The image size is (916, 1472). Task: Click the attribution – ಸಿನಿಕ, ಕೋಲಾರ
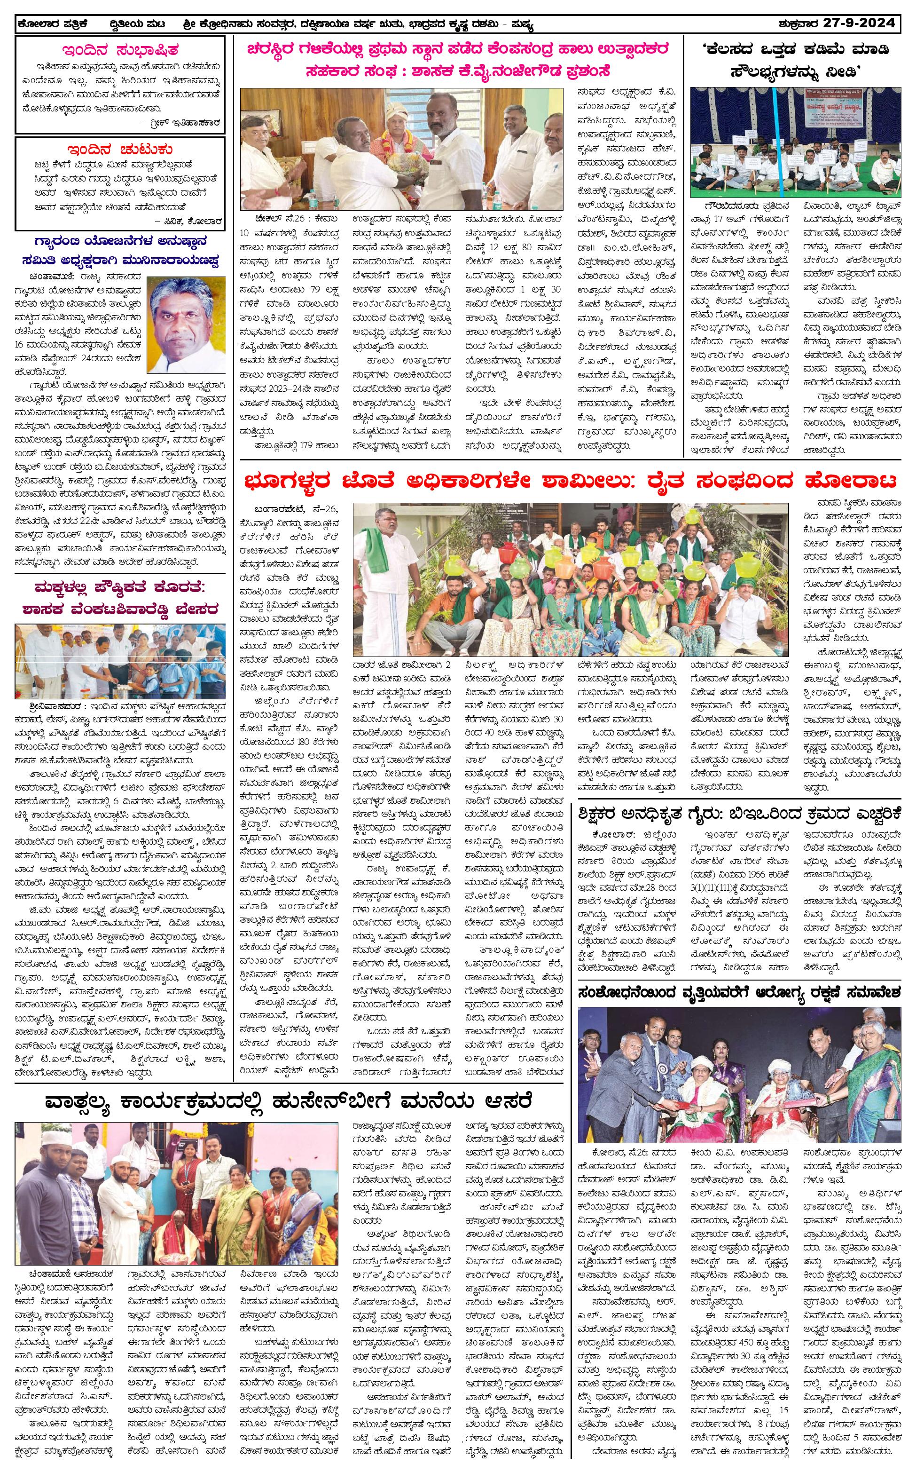click(188, 221)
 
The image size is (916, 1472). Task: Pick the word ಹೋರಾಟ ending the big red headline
click(849, 482)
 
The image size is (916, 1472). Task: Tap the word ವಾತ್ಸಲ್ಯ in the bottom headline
click(91, 1100)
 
